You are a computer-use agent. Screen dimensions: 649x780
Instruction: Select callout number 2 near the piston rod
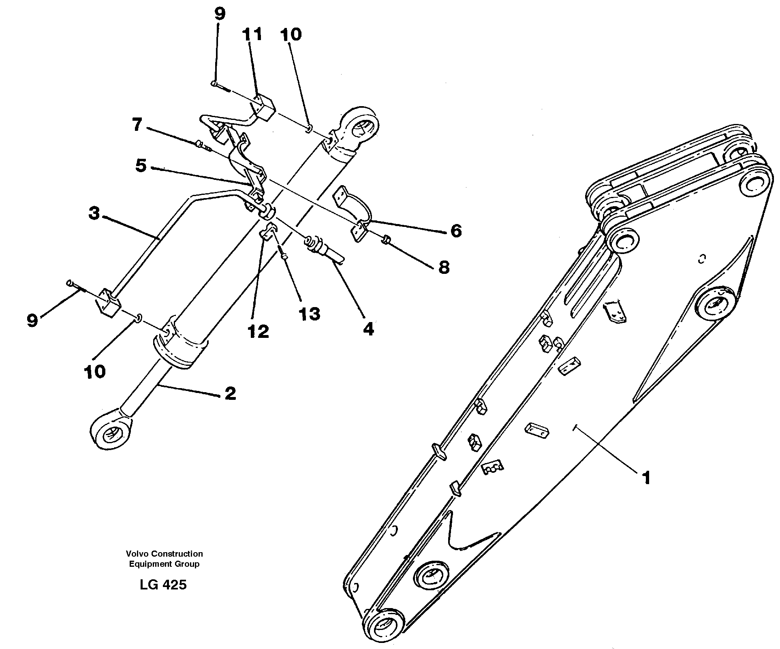(x=230, y=393)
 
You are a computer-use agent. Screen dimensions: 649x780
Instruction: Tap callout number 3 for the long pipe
(x=94, y=213)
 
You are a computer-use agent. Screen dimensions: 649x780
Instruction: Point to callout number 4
(x=368, y=329)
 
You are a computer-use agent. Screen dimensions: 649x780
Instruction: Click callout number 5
(x=141, y=166)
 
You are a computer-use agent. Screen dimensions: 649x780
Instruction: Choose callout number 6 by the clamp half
(x=456, y=231)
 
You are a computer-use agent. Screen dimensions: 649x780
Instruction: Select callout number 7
(x=137, y=124)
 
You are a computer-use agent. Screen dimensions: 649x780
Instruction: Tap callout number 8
(x=444, y=267)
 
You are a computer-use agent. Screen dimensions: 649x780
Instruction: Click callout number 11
(x=252, y=34)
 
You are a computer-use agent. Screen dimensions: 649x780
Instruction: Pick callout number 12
(x=259, y=332)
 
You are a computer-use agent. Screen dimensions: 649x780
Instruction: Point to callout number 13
(x=310, y=314)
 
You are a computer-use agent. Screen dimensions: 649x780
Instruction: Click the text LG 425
(x=163, y=585)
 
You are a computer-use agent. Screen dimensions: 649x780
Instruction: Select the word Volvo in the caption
(x=135, y=554)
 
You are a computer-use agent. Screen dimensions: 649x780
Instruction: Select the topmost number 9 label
(x=219, y=14)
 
